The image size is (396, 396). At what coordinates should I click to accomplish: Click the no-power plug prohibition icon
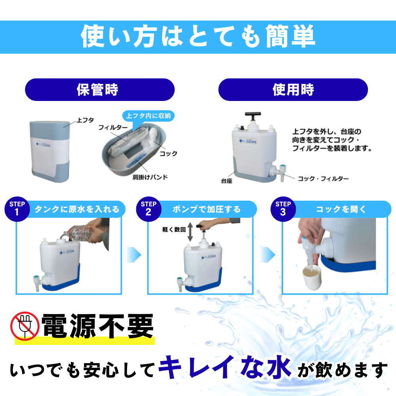pyautogui.click(x=25, y=326)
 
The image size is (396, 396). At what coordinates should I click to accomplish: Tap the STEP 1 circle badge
pyautogui.click(x=17, y=209)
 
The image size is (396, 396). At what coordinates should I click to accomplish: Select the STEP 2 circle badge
pyautogui.click(x=148, y=209)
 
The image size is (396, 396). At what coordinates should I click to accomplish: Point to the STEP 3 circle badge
pyautogui.click(x=283, y=209)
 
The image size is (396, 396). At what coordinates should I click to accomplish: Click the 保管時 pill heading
pyautogui.click(x=100, y=89)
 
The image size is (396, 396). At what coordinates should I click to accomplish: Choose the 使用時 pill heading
pyautogui.click(x=293, y=89)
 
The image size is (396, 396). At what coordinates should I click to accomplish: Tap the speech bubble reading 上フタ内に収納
pyautogui.click(x=148, y=117)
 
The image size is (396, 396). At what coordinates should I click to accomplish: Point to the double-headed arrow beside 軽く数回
pyautogui.click(x=190, y=232)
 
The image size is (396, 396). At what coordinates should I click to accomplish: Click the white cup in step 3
pyautogui.click(x=312, y=277)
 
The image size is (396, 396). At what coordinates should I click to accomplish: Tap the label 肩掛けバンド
pyautogui.click(x=150, y=177)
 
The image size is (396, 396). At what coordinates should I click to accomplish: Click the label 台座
pyautogui.click(x=227, y=181)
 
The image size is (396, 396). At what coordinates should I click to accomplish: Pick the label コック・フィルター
pyautogui.click(x=323, y=179)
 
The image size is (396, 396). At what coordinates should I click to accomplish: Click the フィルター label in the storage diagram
pyautogui.click(x=113, y=128)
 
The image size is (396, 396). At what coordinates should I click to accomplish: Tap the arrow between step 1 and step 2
pyautogui.click(x=133, y=255)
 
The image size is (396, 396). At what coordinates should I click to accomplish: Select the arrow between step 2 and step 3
pyautogui.click(x=268, y=255)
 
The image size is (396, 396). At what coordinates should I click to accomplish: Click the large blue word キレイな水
pyautogui.click(x=225, y=367)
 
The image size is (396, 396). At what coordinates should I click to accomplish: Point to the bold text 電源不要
pyautogui.click(x=97, y=326)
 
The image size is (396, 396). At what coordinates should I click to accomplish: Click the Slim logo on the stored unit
pyautogui.click(x=43, y=145)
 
